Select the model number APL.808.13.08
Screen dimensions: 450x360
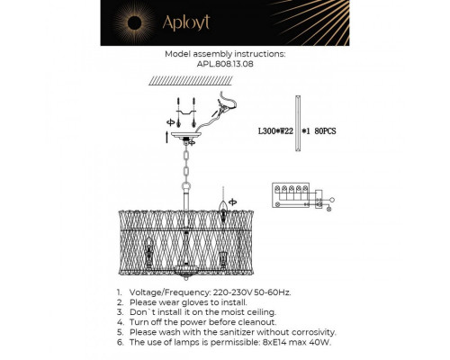point(225,64)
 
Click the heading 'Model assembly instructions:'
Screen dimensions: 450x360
point(225,54)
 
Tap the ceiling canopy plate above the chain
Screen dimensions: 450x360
point(190,140)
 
